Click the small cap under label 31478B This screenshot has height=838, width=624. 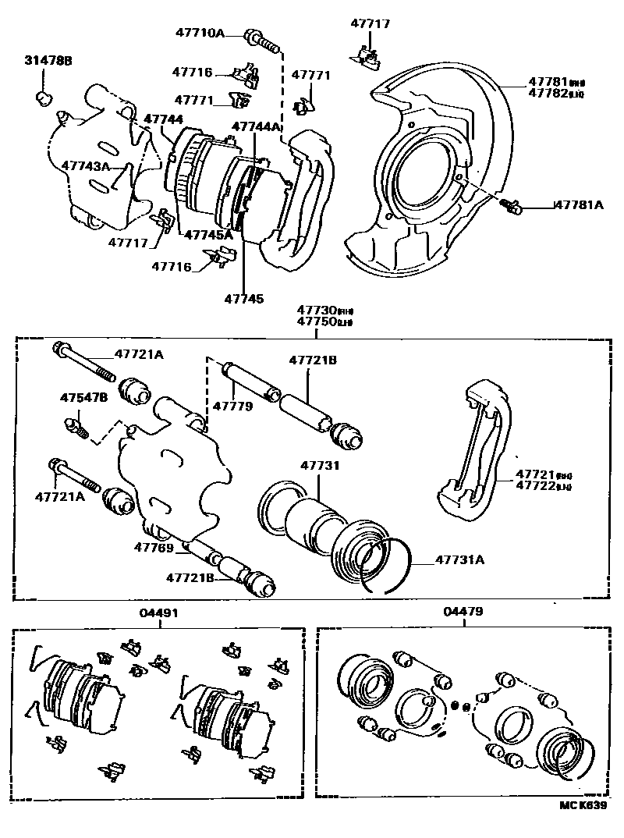pos(44,98)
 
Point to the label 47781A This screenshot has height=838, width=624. pos(580,205)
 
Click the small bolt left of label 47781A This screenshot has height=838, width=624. pos(511,205)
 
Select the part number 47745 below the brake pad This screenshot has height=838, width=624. pos(243,298)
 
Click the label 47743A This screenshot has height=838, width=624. pos(86,167)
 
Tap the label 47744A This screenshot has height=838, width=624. pos(257,126)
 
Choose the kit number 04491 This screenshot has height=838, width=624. pos(159,613)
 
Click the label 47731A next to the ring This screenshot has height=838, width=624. pos(459,559)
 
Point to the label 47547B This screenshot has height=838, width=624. pos(83,397)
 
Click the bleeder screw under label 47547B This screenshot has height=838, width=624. pos(76,426)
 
